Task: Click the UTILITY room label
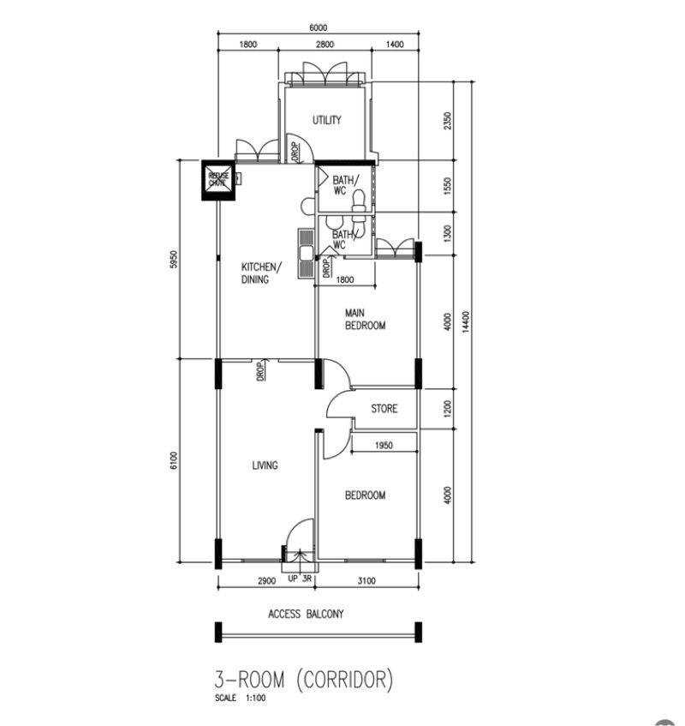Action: pyautogui.click(x=327, y=120)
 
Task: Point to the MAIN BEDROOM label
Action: pyautogui.click(x=365, y=319)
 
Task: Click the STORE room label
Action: pyautogui.click(x=384, y=409)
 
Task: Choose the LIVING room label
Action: pyautogui.click(x=265, y=465)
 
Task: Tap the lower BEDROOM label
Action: pyautogui.click(x=365, y=495)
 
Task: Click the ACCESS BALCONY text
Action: pyautogui.click(x=306, y=614)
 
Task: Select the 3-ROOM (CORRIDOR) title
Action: pyautogui.click(x=304, y=681)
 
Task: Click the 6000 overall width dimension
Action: pyautogui.click(x=318, y=28)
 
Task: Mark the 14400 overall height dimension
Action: pyautogui.click(x=465, y=321)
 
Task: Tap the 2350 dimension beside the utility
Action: pyautogui.click(x=446, y=122)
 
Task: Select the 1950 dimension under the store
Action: pyautogui.click(x=384, y=445)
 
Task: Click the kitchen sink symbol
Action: pyautogui.click(x=305, y=253)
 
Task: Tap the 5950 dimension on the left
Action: pyautogui.click(x=173, y=259)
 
